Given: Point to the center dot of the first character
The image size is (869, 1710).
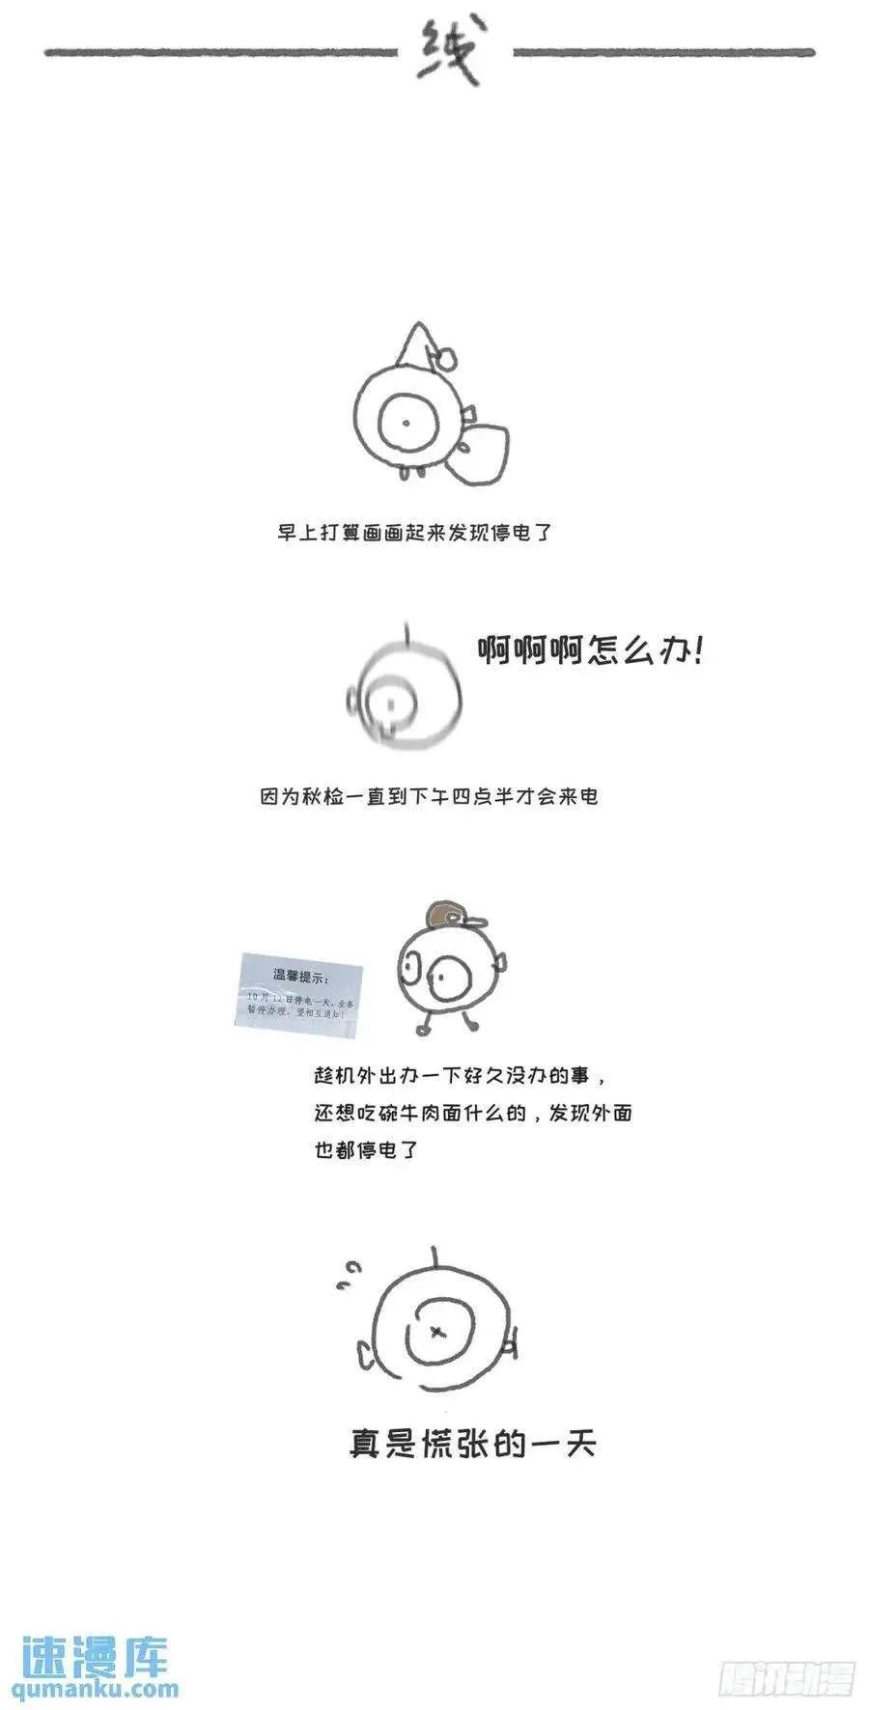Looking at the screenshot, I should click(x=406, y=423).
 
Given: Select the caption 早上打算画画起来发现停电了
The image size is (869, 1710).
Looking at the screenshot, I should click(x=414, y=533).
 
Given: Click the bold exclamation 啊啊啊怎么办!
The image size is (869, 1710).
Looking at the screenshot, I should click(x=591, y=651).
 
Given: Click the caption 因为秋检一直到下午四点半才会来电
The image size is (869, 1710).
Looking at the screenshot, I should click(x=429, y=796).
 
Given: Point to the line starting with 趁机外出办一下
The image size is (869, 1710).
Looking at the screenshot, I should click(x=461, y=1076).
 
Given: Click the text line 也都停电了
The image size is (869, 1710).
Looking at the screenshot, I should click(x=366, y=1149).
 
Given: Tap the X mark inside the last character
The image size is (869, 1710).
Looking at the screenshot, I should click(x=437, y=1333).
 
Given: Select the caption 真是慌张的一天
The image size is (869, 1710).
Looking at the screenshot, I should click(x=472, y=1445).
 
